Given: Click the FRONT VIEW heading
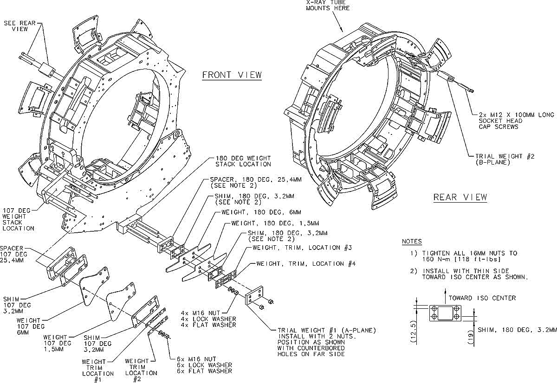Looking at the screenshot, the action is click(232, 75).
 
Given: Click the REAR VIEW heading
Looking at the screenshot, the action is click(460, 197).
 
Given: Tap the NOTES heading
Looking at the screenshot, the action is click(412, 242).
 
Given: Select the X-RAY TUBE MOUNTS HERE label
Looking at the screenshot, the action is click(328, 5).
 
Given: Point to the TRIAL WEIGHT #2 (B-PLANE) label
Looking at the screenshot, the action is click(505, 159).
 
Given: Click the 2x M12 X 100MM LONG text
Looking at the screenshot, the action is click(516, 115).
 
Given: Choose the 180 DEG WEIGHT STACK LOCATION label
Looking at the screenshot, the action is click(243, 161).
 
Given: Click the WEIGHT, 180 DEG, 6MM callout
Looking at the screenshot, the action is click(261, 212).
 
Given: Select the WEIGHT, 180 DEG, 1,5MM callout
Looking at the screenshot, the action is click(275, 223).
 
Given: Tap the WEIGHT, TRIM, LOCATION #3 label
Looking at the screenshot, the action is click(302, 248).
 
